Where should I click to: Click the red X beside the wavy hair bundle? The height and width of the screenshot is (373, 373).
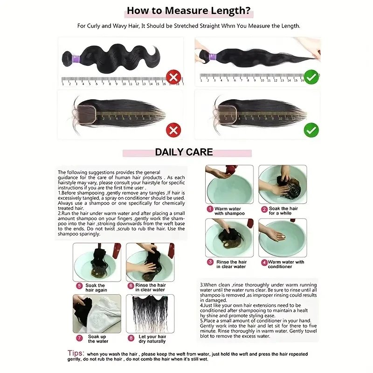(x=173, y=77)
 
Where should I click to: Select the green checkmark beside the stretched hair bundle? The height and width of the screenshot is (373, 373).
(x=311, y=77)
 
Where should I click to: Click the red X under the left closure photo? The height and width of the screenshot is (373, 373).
(x=173, y=130)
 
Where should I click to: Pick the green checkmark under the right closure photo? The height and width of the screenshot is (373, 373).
(x=311, y=130)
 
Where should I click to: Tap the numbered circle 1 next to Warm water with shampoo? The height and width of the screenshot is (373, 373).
(x=210, y=210)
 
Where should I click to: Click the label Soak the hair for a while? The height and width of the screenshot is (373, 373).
(x=283, y=211)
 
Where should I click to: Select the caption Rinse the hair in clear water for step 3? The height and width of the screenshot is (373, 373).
(x=231, y=264)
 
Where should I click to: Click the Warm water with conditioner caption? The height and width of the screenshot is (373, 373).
(x=286, y=264)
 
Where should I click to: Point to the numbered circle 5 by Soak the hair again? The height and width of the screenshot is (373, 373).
(x=79, y=286)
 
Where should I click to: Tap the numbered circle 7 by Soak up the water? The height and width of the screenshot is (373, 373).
(x=79, y=338)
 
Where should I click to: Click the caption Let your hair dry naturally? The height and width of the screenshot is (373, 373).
(x=152, y=338)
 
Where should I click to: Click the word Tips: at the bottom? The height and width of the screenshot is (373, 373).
(x=76, y=353)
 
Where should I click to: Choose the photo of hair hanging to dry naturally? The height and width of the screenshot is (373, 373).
(x=150, y=313)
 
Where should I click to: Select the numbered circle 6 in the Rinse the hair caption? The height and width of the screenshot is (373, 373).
(x=131, y=286)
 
